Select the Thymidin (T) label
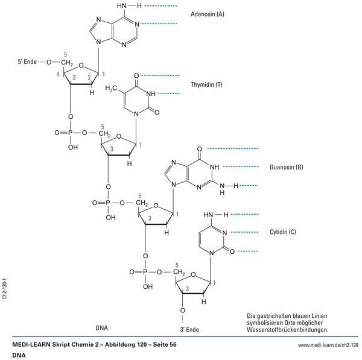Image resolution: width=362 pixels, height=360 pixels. pyautogui.click(x=206, y=84)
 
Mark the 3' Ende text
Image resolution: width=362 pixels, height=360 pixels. pyautogui.click(x=189, y=330)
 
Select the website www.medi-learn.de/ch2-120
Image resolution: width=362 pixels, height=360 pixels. pyautogui.click(x=328, y=344)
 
